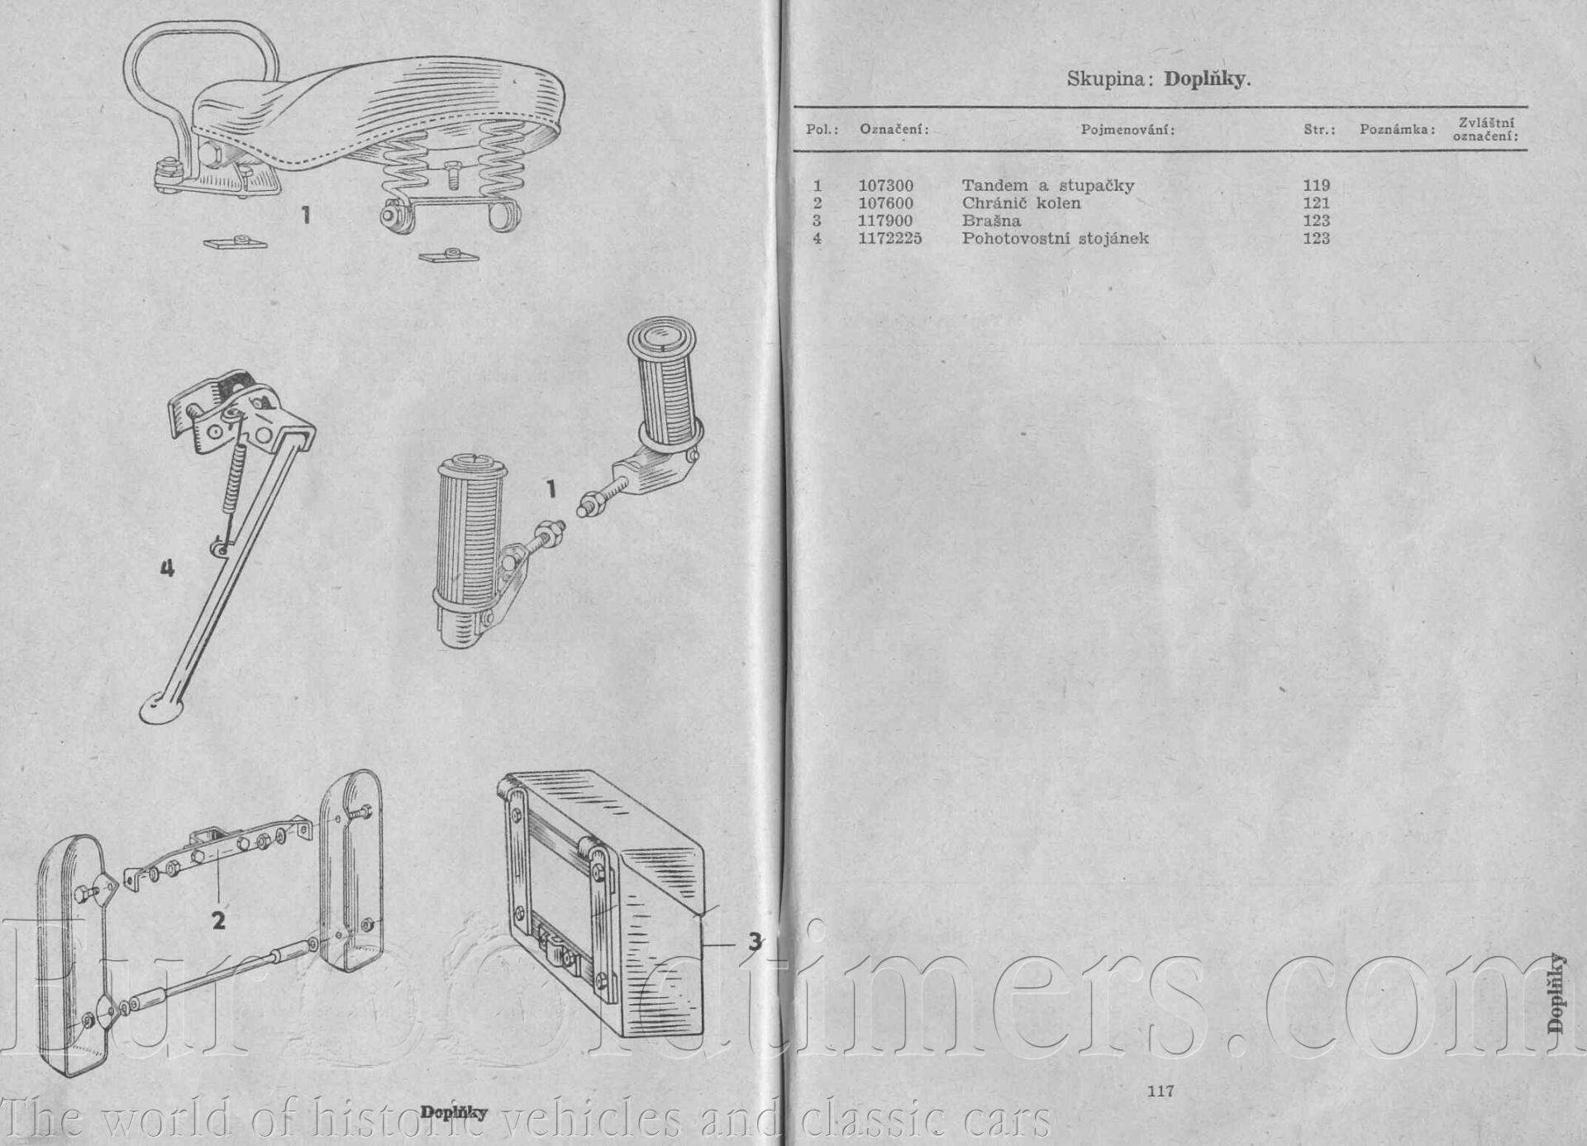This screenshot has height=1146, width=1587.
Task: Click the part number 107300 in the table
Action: tap(886, 186)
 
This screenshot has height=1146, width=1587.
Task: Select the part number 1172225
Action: tap(890, 239)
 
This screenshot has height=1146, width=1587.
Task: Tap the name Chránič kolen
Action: tap(1021, 203)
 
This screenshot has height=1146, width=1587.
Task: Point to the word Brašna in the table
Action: tap(991, 221)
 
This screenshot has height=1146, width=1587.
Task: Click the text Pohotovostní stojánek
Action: tap(1056, 239)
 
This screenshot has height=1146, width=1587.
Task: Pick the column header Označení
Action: tap(894, 130)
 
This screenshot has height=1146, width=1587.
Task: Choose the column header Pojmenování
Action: tap(1127, 130)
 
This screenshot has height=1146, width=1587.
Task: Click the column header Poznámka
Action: tap(1397, 130)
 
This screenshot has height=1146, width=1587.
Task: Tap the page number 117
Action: tap(1160, 1091)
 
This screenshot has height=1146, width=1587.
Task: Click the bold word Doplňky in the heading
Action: tap(1207, 79)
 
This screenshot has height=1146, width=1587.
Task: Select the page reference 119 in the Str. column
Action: tap(1316, 186)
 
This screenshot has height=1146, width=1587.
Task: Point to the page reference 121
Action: tap(1316, 203)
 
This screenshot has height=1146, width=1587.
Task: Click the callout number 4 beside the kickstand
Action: tap(167, 568)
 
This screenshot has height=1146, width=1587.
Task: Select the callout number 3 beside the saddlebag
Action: tap(755, 941)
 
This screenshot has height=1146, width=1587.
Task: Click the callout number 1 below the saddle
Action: tap(306, 216)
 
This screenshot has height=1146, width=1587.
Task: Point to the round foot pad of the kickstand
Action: tap(160, 710)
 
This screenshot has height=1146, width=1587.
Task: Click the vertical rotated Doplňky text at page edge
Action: tap(1556, 993)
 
